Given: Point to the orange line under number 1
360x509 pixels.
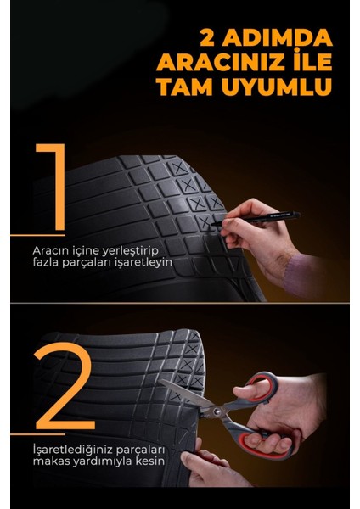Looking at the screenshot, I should point(34,234).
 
